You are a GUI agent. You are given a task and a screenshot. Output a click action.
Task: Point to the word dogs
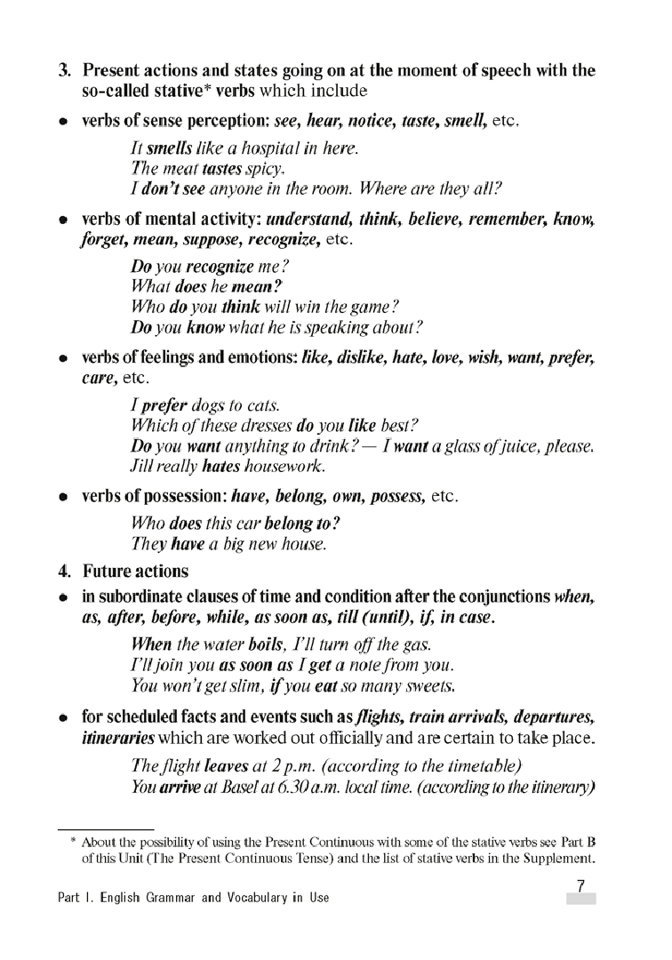tap(202, 406)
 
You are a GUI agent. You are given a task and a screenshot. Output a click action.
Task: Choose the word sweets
tap(428, 685)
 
